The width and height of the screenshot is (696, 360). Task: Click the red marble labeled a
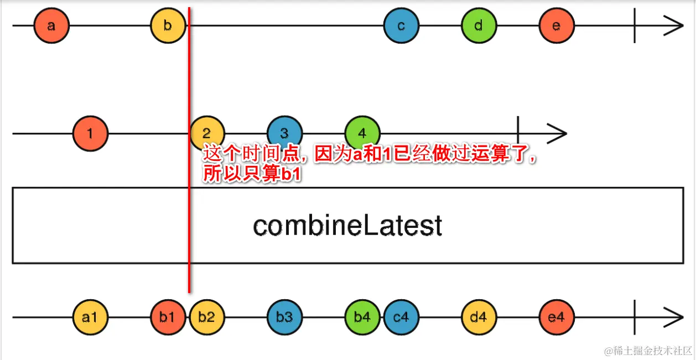tap(51, 26)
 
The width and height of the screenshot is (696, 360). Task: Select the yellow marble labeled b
tap(168, 26)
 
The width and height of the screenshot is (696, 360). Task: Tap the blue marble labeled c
tap(401, 26)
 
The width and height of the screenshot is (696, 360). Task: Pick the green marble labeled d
tap(479, 26)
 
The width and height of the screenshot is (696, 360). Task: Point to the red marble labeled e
tap(557, 26)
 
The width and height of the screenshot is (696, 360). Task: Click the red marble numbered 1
tap(90, 133)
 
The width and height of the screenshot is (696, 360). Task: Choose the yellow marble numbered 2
tap(207, 133)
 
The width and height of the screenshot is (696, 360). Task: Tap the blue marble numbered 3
tap(284, 133)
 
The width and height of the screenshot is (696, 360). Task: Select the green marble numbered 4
tap(362, 133)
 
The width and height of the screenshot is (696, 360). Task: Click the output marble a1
tap(90, 317)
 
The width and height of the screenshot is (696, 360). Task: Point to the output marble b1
tap(168, 317)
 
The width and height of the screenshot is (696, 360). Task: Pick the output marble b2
tap(207, 317)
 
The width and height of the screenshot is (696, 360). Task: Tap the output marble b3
tap(284, 317)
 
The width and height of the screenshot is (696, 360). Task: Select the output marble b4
tap(362, 317)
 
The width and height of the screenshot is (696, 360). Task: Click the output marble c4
tap(401, 317)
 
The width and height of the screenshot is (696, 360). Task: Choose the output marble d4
tap(479, 317)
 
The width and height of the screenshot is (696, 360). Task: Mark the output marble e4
tap(557, 317)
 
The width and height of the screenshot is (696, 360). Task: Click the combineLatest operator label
tap(347, 226)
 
